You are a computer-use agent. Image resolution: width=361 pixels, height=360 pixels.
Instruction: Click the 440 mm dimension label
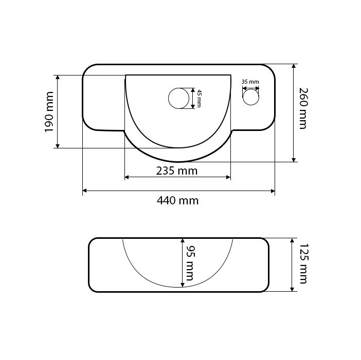point(177,201)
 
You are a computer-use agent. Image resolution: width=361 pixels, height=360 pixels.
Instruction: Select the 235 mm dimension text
point(177,171)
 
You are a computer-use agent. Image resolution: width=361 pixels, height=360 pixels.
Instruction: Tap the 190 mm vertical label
point(49,112)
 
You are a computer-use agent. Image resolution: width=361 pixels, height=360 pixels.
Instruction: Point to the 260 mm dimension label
point(303,108)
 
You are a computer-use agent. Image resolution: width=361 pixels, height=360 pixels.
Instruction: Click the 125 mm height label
point(303,263)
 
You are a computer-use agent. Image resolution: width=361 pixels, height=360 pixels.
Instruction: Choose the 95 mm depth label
point(190,263)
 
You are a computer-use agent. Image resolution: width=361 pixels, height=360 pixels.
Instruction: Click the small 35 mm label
point(250,82)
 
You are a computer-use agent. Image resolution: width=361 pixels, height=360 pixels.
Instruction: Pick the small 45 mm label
point(199,99)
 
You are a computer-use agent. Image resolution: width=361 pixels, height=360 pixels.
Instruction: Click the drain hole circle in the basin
point(178,98)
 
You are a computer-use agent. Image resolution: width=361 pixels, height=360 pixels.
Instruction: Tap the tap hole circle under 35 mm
point(251,97)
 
